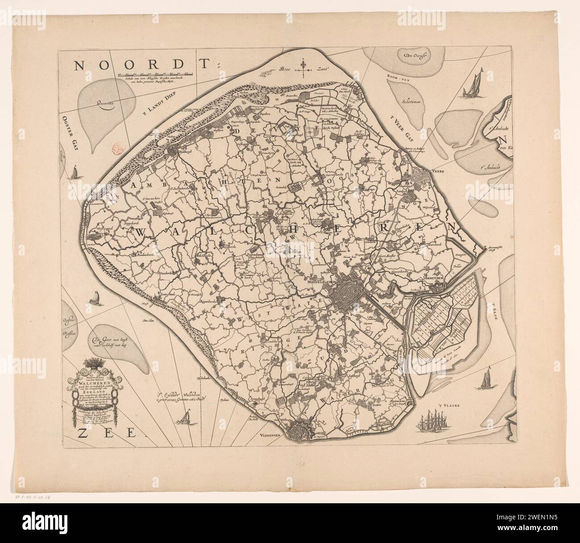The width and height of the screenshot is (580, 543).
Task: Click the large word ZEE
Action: point(106,432)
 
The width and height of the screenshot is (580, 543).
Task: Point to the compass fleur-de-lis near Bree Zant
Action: point(304,66)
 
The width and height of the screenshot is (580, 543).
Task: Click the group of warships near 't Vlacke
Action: point(433,421)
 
